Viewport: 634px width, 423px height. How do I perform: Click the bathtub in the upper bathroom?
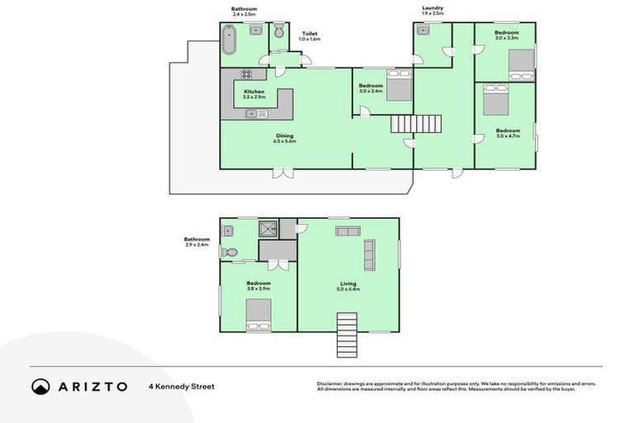(x=229, y=40)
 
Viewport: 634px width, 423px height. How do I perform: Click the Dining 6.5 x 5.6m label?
(x=284, y=138)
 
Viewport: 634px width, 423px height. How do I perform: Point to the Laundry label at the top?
(x=433, y=10)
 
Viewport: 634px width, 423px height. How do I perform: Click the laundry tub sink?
(x=423, y=31)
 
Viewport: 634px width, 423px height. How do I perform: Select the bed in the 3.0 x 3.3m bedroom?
(x=520, y=64)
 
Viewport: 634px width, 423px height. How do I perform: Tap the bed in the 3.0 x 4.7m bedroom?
(x=494, y=103)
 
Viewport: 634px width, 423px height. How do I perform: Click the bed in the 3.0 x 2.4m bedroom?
(x=399, y=88)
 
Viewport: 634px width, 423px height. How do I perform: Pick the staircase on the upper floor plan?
(x=417, y=124)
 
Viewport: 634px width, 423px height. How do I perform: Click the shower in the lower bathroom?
(x=267, y=229)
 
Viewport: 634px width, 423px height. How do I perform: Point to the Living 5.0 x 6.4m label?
(x=348, y=287)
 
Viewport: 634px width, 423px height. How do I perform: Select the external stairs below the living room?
(x=348, y=335)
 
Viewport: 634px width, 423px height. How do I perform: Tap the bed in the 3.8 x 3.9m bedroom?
(x=258, y=314)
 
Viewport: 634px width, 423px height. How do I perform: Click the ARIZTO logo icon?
(x=40, y=386)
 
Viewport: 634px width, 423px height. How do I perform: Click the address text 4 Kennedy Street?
(x=181, y=387)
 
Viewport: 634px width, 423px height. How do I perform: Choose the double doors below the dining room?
(x=282, y=173)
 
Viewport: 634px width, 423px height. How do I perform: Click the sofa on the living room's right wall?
(x=369, y=254)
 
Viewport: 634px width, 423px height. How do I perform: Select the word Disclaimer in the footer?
(x=330, y=383)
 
